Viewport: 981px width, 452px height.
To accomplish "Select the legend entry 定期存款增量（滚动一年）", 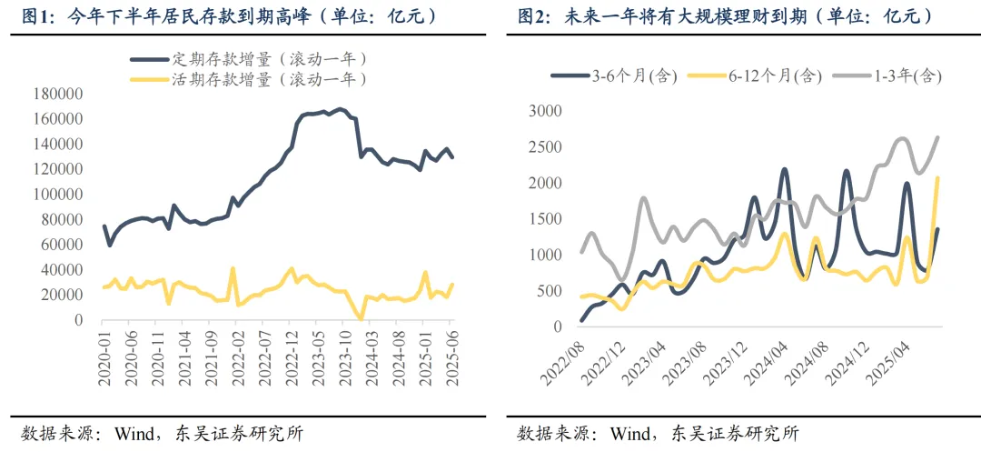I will [269, 58].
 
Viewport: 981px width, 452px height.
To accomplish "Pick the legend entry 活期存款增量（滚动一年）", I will [269, 79].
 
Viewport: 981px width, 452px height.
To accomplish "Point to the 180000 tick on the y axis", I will [57, 94].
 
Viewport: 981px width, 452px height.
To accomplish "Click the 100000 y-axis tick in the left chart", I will [57, 195].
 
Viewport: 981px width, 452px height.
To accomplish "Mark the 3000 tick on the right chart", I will [546, 111].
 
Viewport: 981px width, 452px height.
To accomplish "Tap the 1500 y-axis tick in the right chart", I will [546, 219].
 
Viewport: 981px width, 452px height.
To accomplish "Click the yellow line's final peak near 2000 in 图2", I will [937, 178].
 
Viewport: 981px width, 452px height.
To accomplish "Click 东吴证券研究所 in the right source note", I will [736, 433].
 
